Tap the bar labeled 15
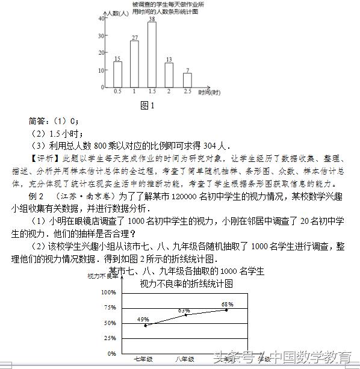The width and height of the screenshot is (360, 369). (117, 73)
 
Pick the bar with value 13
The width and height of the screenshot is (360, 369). (169, 74)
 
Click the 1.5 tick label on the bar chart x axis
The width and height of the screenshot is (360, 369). (152, 91)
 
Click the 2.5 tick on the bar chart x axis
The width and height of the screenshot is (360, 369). (187, 91)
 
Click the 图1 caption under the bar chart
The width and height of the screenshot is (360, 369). (147, 105)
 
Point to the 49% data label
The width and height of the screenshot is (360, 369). (143, 319)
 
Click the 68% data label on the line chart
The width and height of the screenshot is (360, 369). (227, 304)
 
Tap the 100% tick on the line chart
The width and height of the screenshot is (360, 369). (108, 293)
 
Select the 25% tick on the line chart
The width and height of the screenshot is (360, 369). (110, 338)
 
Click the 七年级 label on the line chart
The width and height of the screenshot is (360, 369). (143, 359)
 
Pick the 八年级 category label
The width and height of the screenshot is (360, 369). (185, 359)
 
